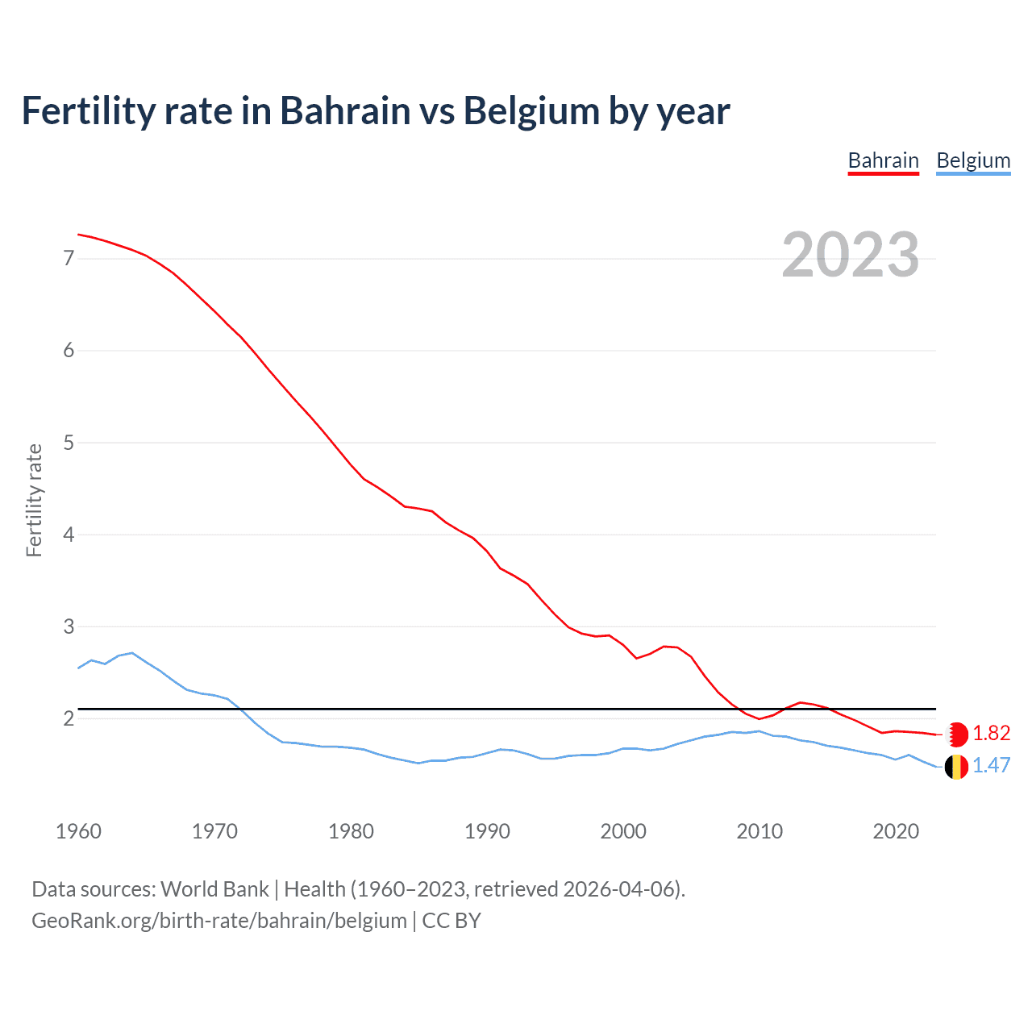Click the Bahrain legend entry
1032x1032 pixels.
(x=883, y=161)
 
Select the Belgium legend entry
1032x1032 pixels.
(x=973, y=161)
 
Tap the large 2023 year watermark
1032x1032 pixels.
(x=850, y=255)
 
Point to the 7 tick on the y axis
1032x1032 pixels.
(x=68, y=259)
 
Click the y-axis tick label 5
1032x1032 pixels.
(x=68, y=443)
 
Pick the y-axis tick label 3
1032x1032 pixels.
(x=68, y=626)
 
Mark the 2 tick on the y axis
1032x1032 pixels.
(x=68, y=718)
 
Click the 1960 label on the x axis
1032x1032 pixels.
(x=78, y=831)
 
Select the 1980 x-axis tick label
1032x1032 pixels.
(x=351, y=831)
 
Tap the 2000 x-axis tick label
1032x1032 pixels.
(x=623, y=831)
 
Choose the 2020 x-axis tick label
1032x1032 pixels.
(x=896, y=831)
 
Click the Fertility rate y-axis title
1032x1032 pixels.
(x=34, y=500)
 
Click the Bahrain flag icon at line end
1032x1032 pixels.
(x=956, y=734)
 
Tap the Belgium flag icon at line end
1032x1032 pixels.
(x=956, y=767)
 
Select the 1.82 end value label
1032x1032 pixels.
(x=991, y=733)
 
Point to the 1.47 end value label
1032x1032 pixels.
(x=991, y=766)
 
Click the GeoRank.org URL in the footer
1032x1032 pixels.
(x=219, y=921)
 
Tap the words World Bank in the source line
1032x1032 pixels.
(x=214, y=889)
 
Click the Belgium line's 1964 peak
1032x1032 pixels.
(x=132, y=653)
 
